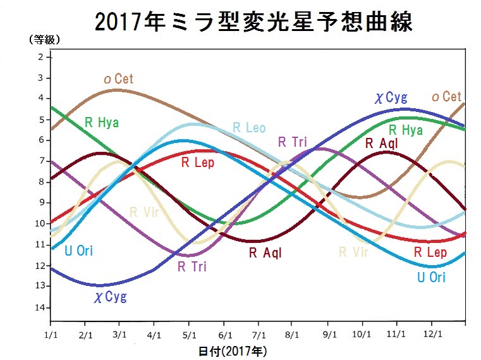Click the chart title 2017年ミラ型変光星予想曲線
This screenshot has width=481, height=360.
tap(253, 22)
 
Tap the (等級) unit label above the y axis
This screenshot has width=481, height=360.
tap(44, 40)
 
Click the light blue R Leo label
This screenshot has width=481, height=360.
tap(249, 128)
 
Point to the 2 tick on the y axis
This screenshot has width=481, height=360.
tap(40, 57)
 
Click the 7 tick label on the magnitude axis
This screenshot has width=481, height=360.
tap(40, 161)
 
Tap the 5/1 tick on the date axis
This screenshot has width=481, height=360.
tap(189, 333)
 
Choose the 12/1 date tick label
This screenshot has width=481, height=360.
tap(432, 333)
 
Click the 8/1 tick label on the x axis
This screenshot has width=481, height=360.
tap(293, 333)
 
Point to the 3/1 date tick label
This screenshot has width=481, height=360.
tap(119, 333)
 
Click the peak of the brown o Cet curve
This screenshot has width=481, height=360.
tap(117, 90)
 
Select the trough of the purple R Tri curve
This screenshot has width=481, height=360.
tap(188, 256)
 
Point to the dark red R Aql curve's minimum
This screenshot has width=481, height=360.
tap(253, 241)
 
